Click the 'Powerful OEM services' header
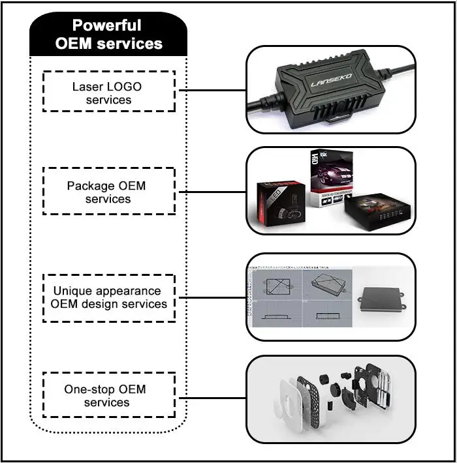(108, 35)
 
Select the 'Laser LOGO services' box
(108, 92)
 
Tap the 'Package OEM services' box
(108, 192)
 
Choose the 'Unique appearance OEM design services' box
(108, 297)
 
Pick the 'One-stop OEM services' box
(108, 395)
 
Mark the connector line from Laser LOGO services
(210, 91)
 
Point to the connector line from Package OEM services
(210, 191)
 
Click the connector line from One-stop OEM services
(210, 395)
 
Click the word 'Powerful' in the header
(106, 26)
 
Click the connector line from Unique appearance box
(210, 298)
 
